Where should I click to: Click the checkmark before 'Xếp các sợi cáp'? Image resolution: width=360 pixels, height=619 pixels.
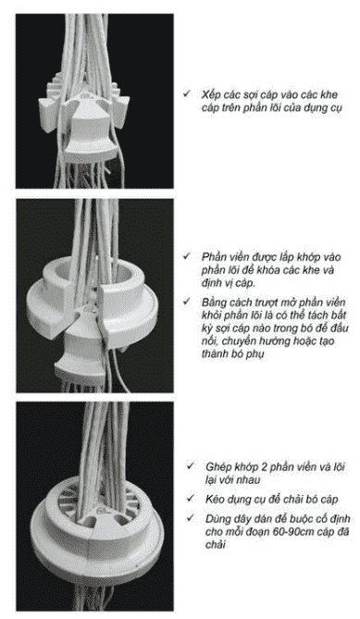187,94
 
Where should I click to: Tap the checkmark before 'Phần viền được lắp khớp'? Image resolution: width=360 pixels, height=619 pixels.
187,256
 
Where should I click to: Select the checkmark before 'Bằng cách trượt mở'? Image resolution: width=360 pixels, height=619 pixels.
187,302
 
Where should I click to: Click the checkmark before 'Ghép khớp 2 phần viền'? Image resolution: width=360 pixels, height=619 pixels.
191,466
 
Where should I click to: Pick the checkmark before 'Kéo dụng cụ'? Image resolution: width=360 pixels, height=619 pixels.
191,499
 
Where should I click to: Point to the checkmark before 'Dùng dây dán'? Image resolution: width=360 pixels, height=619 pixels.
191,518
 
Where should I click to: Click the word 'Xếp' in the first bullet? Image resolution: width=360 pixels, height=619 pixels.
210,95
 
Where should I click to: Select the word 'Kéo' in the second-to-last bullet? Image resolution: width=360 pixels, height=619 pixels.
215,499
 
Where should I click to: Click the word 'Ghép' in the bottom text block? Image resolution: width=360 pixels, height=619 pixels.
218,468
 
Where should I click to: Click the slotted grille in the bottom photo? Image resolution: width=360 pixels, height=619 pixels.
99,501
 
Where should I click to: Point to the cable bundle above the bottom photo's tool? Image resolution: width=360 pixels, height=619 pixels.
104,442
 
